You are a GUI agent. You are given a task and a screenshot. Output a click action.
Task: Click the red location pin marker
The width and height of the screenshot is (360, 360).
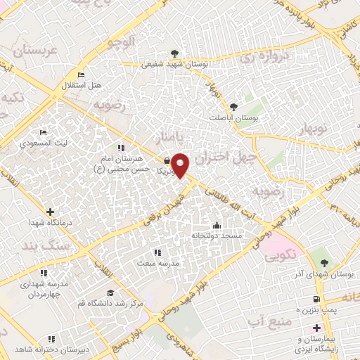pos(181,165)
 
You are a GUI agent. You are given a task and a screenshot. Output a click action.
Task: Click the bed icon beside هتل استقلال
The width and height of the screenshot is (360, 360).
pos(82,75)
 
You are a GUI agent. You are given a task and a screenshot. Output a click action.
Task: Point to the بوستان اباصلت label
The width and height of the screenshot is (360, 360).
pos(234,119)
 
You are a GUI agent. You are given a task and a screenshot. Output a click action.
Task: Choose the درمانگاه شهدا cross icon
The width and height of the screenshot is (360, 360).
pos(50,212)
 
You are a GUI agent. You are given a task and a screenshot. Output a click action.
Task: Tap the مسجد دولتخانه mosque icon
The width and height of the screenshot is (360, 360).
pos(217,226)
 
